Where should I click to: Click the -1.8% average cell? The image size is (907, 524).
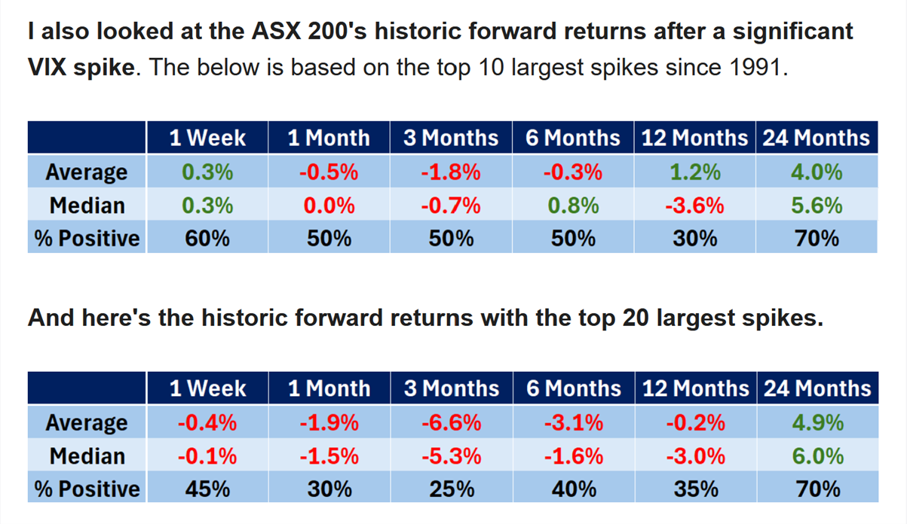pos(451,172)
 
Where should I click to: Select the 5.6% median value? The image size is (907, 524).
pos(817,205)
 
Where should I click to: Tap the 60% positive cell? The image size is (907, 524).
pos(207,238)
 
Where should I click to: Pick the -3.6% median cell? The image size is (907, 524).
pos(694,205)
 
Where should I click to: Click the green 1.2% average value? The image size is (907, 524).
pos(695,172)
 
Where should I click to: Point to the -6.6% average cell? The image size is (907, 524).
pos(452,422)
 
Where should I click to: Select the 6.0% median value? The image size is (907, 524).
pos(817,456)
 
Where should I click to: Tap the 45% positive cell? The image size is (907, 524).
pos(208,489)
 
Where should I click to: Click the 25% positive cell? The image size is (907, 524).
pos(452,489)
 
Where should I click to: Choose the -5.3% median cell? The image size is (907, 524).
pos(452,456)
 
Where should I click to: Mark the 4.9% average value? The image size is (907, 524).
pos(817,422)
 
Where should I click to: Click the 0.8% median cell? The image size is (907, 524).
pos(573,205)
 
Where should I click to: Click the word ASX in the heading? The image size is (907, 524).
pos(276,31)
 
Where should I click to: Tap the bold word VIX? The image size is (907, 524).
pos(47,67)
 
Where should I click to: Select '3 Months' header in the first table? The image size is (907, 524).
pos(451,138)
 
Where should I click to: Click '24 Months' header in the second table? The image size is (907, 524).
pos(817,388)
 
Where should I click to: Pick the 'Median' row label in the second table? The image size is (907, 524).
pos(87,456)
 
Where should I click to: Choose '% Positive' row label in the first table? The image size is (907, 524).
pos(87,238)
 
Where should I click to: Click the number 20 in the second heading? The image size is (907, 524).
pos(636,318)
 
